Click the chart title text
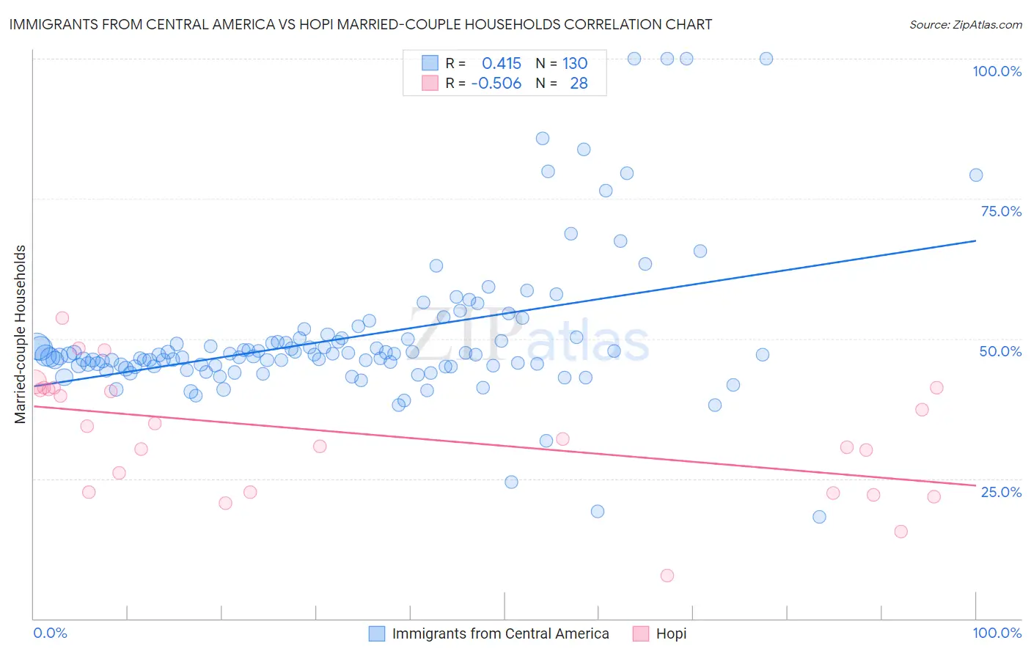tap(360, 24)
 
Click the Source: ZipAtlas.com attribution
tap(965, 24)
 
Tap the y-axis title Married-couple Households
tap(21, 334)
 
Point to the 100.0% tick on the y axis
tap(997, 71)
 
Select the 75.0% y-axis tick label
tap(1001, 211)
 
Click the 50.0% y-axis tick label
tap(1000, 351)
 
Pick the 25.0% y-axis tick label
tap(1001, 492)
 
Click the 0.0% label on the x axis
tap(50, 633)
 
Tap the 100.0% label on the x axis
tap(997, 633)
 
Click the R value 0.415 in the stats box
tap(502, 64)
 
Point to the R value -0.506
tap(496, 84)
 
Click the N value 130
tap(575, 64)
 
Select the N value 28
tap(579, 84)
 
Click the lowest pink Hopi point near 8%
tap(667, 576)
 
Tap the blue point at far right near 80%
tap(976, 175)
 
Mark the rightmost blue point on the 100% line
tap(766, 59)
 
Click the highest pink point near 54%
tap(62, 318)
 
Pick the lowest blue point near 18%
tap(820, 517)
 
